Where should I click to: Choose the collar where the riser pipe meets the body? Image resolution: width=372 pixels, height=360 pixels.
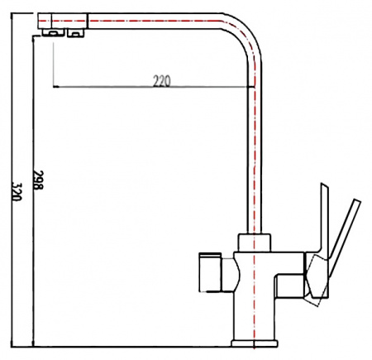click(255, 242)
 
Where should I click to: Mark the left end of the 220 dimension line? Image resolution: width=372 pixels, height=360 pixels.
click(53, 86)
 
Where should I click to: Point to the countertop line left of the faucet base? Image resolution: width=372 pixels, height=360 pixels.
click(124, 345)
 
